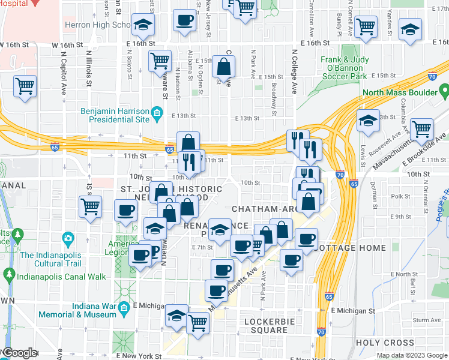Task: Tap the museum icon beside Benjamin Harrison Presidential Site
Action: click(x=157, y=112)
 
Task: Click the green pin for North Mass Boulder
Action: click(x=443, y=92)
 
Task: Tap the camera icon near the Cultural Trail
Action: click(x=68, y=239)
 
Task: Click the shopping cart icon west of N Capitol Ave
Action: click(x=25, y=87)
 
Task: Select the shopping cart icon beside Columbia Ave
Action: click(x=421, y=128)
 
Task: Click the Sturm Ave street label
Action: click(x=426, y=320)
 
